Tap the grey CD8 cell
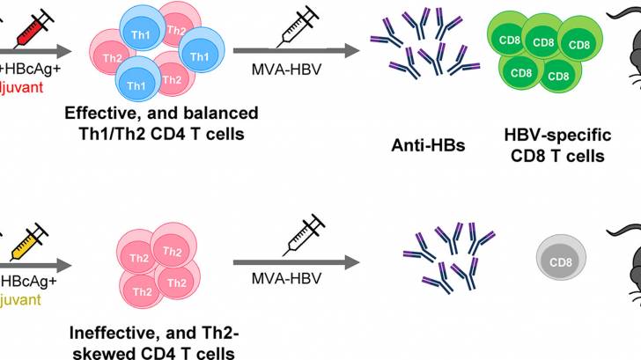pos(556,260)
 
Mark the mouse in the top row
pos(627,53)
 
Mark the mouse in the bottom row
pos(627,264)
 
